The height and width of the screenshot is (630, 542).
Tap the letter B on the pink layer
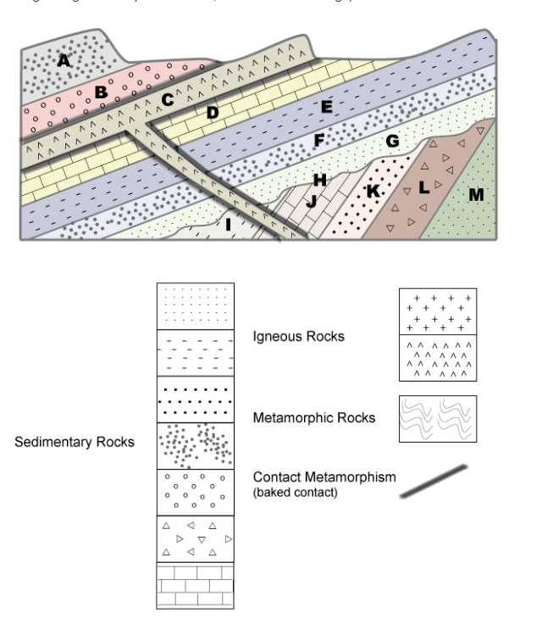click(x=100, y=92)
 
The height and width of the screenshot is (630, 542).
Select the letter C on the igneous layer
click(x=168, y=100)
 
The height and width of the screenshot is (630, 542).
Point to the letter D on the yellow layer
click(x=213, y=112)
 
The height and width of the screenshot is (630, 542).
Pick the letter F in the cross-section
click(x=319, y=142)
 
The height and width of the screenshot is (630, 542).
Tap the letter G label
click(x=391, y=142)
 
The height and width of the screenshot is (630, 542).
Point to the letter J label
click(x=311, y=200)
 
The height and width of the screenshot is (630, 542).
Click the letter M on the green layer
click(x=477, y=196)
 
